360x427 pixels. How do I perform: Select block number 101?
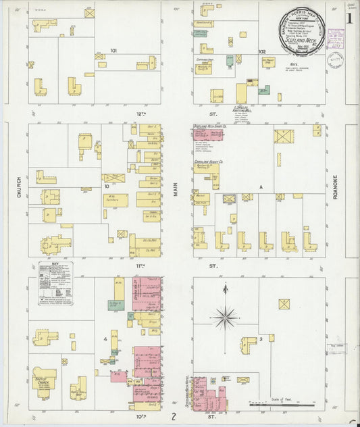point(113,50)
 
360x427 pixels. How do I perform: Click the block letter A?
point(261,186)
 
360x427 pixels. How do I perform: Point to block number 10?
point(106,185)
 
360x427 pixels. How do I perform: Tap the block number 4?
point(105,338)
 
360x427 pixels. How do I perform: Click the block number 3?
point(261,338)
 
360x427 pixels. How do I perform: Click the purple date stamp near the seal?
point(336,59)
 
